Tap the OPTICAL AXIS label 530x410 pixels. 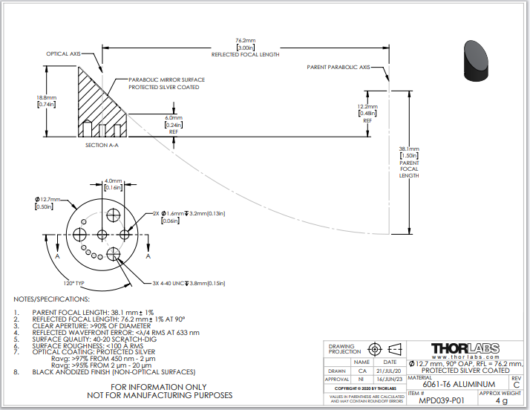[63, 53]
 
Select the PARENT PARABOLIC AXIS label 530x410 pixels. [338, 67]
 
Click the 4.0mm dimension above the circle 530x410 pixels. [113, 185]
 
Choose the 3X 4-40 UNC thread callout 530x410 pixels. [185, 282]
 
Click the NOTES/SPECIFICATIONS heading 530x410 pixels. [52, 299]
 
